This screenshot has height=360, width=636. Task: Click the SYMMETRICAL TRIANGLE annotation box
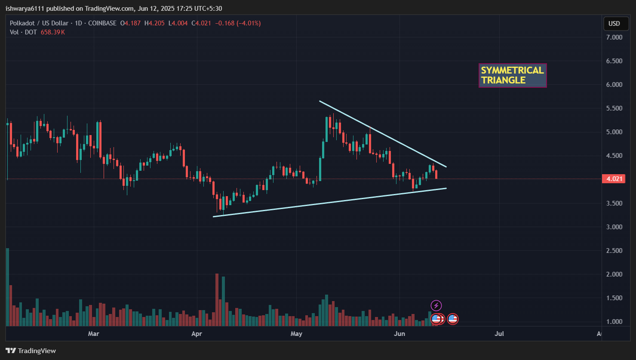pyautogui.click(x=512, y=75)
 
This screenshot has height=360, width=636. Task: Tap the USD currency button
pyautogui.click(x=614, y=23)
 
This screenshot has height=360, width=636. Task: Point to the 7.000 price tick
pyautogui.click(x=614, y=37)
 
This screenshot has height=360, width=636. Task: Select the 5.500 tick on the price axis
pyautogui.click(x=614, y=108)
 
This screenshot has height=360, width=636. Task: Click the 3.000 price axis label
pyautogui.click(x=614, y=227)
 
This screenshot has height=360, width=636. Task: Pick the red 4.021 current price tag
pyautogui.click(x=613, y=179)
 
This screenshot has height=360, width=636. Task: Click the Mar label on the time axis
pyautogui.click(x=93, y=333)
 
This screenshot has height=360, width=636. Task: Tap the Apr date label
pyautogui.click(x=197, y=333)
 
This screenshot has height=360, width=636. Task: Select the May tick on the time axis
pyautogui.click(x=296, y=333)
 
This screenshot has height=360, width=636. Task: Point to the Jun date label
pyautogui.click(x=399, y=333)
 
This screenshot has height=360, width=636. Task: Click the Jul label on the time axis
pyautogui.click(x=499, y=333)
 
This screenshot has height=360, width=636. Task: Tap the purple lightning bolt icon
pyautogui.click(x=436, y=306)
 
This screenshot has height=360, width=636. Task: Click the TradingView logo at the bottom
pyautogui.click(x=31, y=351)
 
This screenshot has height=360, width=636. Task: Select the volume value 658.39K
pyautogui.click(x=52, y=32)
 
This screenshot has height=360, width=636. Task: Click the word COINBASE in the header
pyautogui.click(x=102, y=23)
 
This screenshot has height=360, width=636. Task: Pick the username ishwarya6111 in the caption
pyautogui.click(x=24, y=9)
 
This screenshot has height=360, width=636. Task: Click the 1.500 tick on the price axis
pyautogui.click(x=614, y=298)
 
